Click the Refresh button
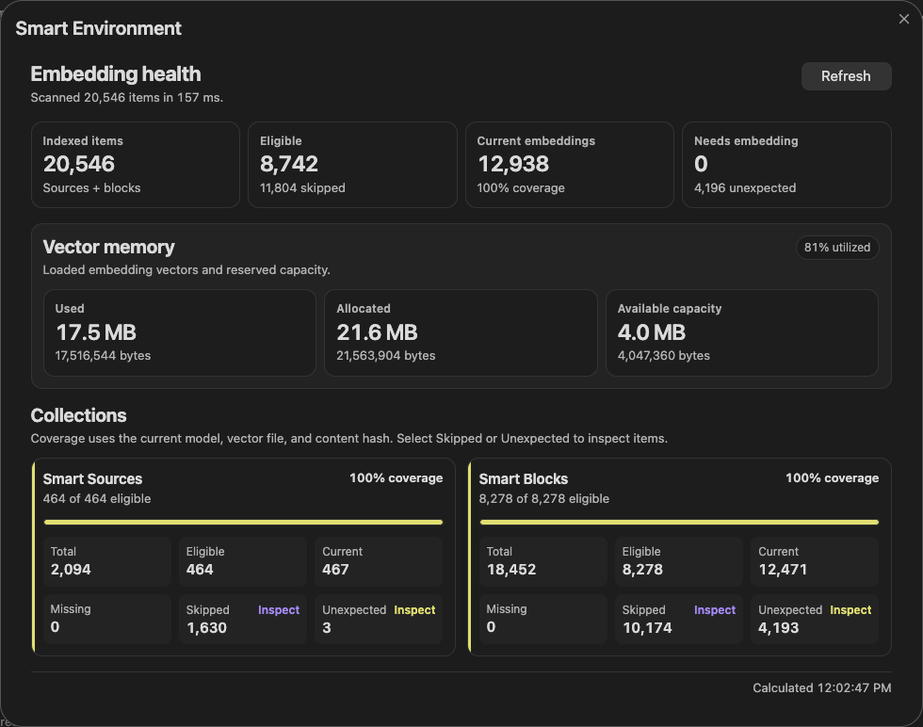pyautogui.click(x=846, y=76)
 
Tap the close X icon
pyautogui.click(x=904, y=19)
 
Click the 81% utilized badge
pyautogui.click(x=837, y=248)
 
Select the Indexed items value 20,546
pyautogui.click(x=79, y=164)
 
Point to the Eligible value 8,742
pyautogui.click(x=289, y=164)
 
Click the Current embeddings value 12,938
pyautogui.click(x=513, y=164)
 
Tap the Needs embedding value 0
pyautogui.click(x=701, y=164)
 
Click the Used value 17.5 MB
pyautogui.click(x=96, y=332)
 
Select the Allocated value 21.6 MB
pyautogui.click(x=378, y=332)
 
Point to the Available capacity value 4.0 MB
pyautogui.click(x=652, y=332)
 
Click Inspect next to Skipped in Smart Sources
pyautogui.click(x=279, y=610)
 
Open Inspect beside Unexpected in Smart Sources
pyautogui.click(x=414, y=610)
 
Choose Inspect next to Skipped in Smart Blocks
pyautogui.click(x=715, y=610)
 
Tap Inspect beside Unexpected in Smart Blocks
pyautogui.click(x=850, y=610)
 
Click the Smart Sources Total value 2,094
pyautogui.click(x=71, y=569)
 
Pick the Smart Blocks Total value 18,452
pyautogui.click(x=511, y=569)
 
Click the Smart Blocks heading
pyautogui.click(x=524, y=478)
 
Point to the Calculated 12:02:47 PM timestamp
pyautogui.click(x=821, y=687)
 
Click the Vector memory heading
pyautogui.click(x=109, y=248)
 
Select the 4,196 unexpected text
pyautogui.click(x=745, y=187)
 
